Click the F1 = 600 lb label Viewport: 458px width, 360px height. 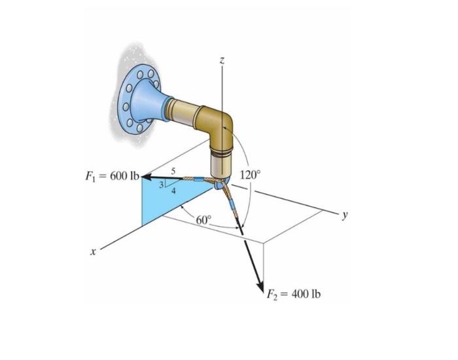click(x=108, y=175)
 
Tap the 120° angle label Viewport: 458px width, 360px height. click(x=250, y=175)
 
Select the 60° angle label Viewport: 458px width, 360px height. click(x=204, y=219)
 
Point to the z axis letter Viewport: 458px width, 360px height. click(x=222, y=60)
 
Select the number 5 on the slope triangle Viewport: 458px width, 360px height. click(x=172, y=171)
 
